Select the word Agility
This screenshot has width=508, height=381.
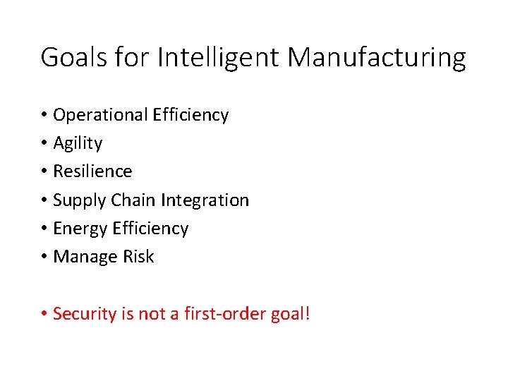pyautogui.click(x=78, y=144)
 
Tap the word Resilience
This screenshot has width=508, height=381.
pyautogui.click(x=92, y=171)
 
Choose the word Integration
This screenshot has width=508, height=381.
pyautogui.click(x=205, y=200)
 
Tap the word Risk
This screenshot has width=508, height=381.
pyautogui.click(x=138, y=257)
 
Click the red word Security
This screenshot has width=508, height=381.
pyautogui.click(x=84, y=314)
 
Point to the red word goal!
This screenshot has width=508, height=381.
pyautogui.click(x=291, y=314)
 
